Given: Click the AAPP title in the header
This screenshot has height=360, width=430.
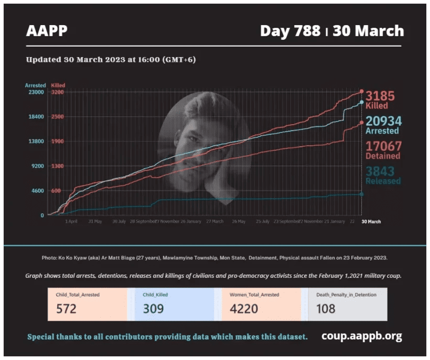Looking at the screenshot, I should pos(47,31).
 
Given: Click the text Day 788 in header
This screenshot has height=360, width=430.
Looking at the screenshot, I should pos(290,31).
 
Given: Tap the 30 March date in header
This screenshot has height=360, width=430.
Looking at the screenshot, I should pos(368,31).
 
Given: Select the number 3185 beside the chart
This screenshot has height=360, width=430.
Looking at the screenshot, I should pos(380,96).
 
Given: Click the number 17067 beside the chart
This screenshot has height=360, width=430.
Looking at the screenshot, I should pos(383,146).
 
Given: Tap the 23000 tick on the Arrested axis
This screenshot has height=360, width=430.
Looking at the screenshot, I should pos(36,92).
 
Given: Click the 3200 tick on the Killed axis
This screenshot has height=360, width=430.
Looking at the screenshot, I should pos(57,92).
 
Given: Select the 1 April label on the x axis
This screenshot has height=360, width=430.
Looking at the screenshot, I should pos(71,222).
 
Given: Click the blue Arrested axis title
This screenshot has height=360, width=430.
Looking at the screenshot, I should pos(35,85).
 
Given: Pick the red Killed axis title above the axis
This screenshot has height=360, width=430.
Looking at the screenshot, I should pos(58,85).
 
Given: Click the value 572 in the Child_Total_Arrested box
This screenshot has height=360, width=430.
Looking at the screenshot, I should pos(66,309).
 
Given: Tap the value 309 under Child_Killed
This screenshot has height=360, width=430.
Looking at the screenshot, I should pos(153,309).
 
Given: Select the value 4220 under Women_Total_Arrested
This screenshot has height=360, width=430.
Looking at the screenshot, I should pos(243,309).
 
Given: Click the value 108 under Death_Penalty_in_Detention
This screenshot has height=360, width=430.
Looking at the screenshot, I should pos(326,309).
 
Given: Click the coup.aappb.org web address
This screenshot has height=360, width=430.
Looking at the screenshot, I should pos(362,336).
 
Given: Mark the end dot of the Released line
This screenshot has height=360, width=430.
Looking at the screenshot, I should pos(361,194).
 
